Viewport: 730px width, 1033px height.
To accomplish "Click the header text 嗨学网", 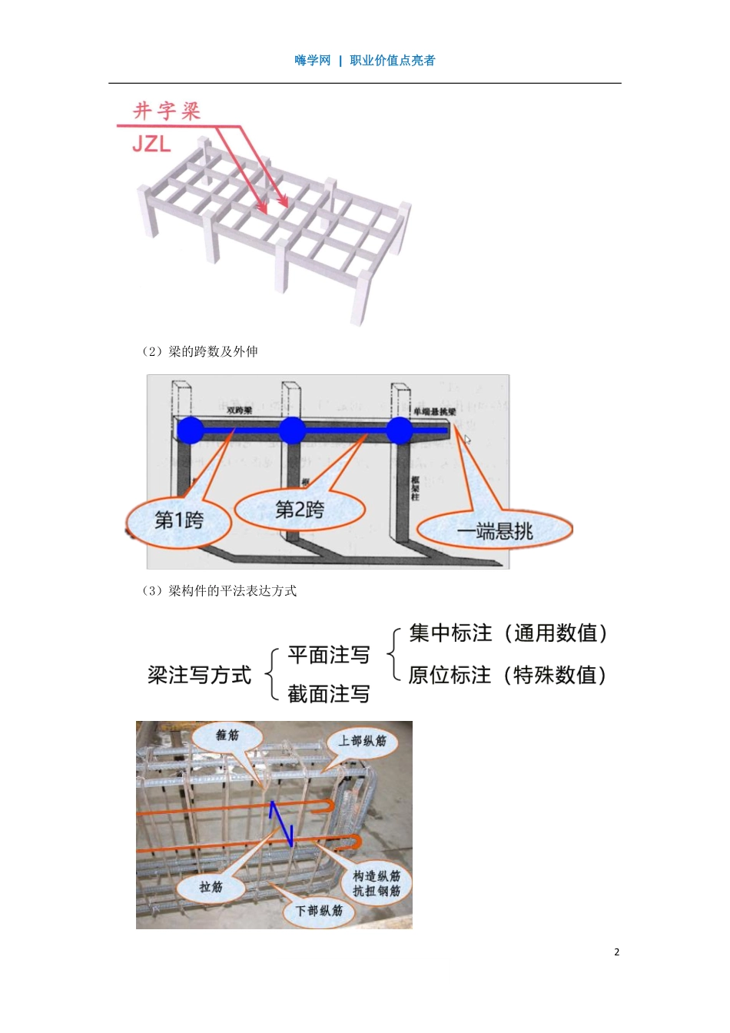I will coord(312,61).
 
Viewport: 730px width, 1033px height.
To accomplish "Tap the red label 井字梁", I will coord(167,111).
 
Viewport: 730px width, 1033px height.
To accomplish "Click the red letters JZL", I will coord(151,144).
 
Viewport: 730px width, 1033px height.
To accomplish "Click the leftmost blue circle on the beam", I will coord(190,430).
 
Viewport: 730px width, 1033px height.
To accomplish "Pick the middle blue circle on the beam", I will coord(292,430).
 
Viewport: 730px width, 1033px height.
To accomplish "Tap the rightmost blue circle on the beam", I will coord(400,430).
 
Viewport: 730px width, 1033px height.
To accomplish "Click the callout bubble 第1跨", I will coord(179,520).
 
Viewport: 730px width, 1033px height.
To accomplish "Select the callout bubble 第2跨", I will coord(300,510).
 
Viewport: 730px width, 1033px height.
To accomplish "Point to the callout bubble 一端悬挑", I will coord(495,531).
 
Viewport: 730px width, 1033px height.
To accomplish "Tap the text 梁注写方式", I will coord(200,676).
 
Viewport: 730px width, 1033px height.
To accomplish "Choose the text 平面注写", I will coord(329,656).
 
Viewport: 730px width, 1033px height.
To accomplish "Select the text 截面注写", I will coord(329,695).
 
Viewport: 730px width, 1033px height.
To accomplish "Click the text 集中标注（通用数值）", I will coord(508,633).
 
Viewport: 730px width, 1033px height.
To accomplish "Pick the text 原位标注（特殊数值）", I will coord(507,676).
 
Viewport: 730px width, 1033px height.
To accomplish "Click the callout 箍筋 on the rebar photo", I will coord(227,736).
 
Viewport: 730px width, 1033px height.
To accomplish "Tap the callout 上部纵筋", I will coord(363,742).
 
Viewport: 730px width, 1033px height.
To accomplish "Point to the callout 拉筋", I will coord(211,888).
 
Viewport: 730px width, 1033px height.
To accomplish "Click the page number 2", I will coord(617,952).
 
